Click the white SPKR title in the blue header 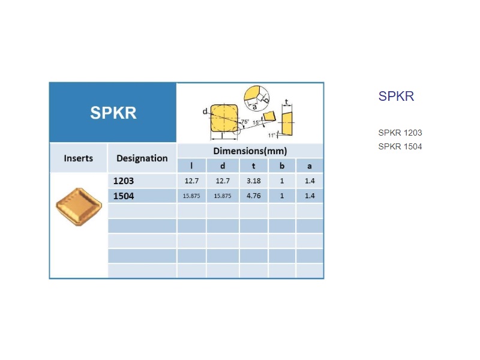pyautogui.click(x=113, y=113)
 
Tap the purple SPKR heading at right pyautogui.click(x=396, y=96)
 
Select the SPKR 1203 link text pyautogui.click(x=400, y=133)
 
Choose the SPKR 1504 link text pyautogui.click(x=400, y=146)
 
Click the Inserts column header pyautogui.click(x=79, y=158)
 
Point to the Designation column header pyautogui.click(x=142, y=158)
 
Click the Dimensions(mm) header pyautogui.click(x=250, y=151)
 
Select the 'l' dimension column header pyautogui.click(x=191, y=166)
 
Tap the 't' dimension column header pyautogui.click(x=253, y=166)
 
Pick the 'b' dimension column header pyautogui.click(x=282, y=166)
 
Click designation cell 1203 pyautogui.click(x=124, y=181)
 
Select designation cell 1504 pyautogui.click(x=124, y=196)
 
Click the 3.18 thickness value pyautogui.click(x=254, y=181)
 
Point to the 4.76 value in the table pyautogui.click(x=254, y=196)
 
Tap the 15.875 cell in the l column pyautogui.click(x=191, y=196)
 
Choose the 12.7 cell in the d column pyautogui.click(x=223, y=181)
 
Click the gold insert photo pyautogui.click(x=79, y=207)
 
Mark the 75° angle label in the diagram pyautogui.click(x=245, y=122)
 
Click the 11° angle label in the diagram pyautogui.click(x=272, y=136)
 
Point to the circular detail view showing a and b pyautogui.click(x=257, y=98)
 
